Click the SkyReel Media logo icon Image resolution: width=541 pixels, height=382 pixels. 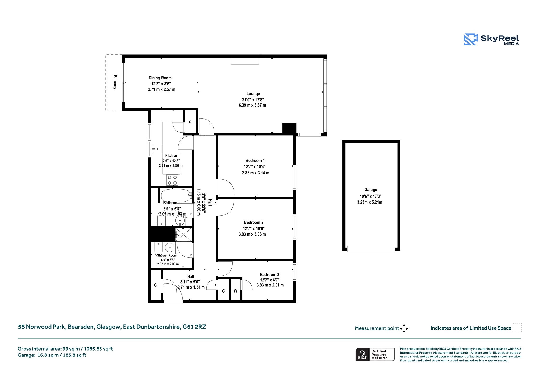tap(471, 39)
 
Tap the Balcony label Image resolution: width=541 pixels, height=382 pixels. tap(115, 82)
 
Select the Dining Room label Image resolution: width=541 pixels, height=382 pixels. tap(160, 78)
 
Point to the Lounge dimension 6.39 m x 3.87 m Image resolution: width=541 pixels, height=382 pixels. tap(252, 105)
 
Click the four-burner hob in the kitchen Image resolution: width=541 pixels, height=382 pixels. tap(172, 180)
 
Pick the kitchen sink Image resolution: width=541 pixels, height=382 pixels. tap(157, 149)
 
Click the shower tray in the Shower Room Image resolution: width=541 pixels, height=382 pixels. tap(184, 235)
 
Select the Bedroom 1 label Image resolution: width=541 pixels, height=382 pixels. tap(255, 160)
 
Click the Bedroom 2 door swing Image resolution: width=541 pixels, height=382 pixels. tap(225, 208)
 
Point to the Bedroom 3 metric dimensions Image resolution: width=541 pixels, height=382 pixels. tap(270, 285)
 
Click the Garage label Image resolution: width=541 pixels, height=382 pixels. tap(371, 190)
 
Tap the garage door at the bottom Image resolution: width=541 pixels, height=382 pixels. tap(371, 249)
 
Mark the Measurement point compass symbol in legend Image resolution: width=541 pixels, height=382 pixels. tap(404, 328)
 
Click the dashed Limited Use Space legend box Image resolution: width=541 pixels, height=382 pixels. tap(517, 328)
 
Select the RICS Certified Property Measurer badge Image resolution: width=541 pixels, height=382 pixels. tap(375, 355)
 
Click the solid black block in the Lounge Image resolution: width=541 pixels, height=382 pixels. tap(289, 128)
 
